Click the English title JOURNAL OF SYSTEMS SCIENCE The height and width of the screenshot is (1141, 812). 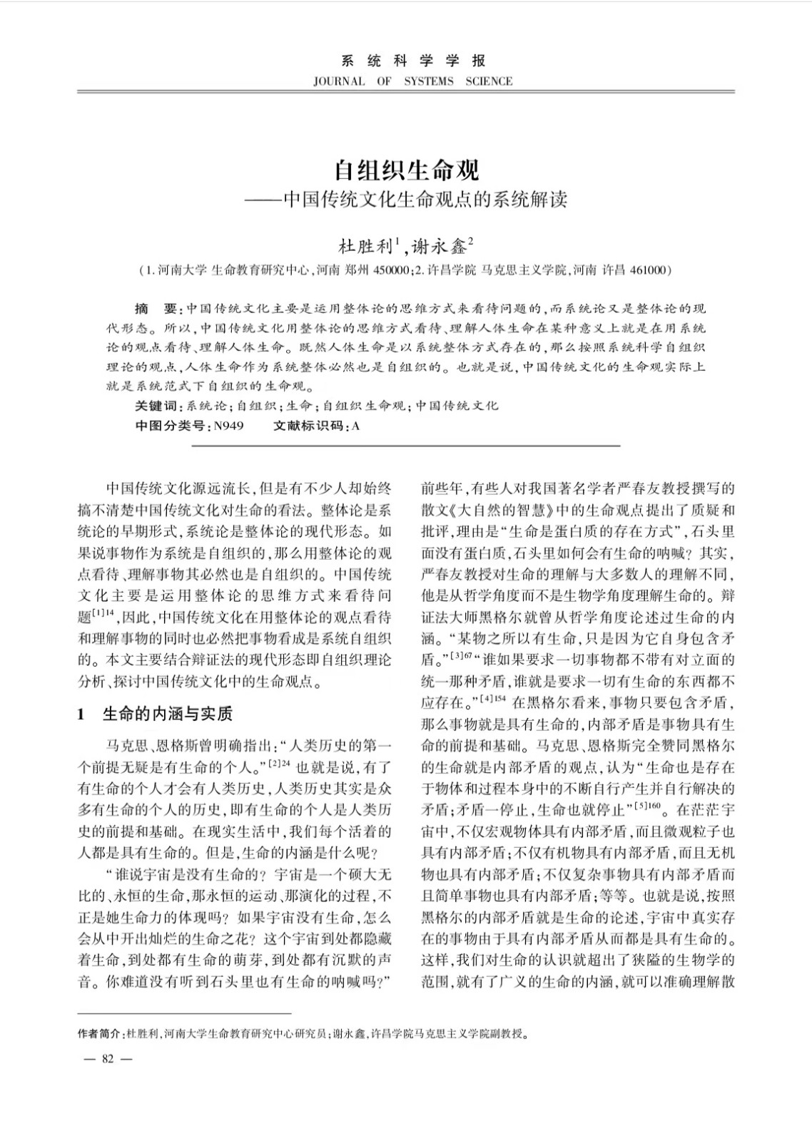(412, 81)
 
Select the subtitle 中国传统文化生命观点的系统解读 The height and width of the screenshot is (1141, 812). (425, 199)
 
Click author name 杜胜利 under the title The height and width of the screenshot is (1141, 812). (365, 247)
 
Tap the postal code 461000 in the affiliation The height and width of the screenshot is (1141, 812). (646, 270)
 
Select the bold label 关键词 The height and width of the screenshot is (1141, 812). (156, 406)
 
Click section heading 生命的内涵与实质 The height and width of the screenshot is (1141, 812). (168, 714)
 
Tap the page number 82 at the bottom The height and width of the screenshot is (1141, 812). (108, 1058)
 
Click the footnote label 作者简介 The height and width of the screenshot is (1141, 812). (98, 1033)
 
